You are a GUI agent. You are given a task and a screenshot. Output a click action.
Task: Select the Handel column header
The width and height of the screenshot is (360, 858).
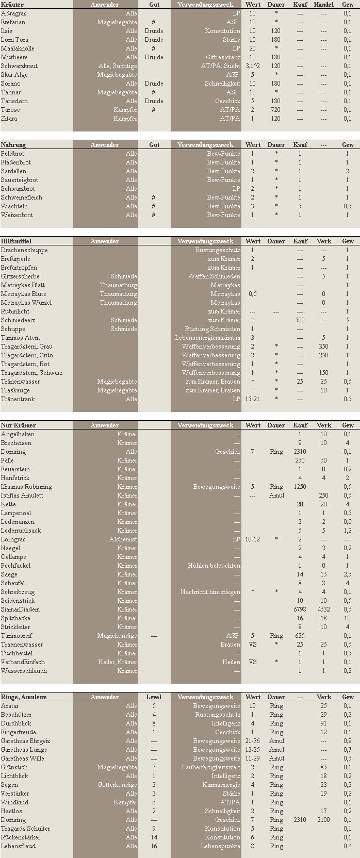pyautogui.click(x=323, y=4)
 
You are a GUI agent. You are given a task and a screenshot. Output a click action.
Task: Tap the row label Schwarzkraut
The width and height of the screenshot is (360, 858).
pyautogui.click(x=19, y=66)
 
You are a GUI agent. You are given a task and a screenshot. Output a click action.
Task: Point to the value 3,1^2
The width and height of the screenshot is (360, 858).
pyautogui.click(x=253, y=66)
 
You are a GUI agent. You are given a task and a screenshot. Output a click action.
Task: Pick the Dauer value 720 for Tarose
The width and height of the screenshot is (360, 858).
pyautogui.click(x=276, y=110)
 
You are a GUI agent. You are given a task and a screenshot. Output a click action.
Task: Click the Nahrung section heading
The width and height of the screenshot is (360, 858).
pyautogui.click(x=13, y=145)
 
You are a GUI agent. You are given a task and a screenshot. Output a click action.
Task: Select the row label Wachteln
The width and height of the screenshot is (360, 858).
pyautogui.click(x=14, y=206)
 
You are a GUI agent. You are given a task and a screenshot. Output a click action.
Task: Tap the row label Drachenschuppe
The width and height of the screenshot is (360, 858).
pyautogui.click(x=24, y=250)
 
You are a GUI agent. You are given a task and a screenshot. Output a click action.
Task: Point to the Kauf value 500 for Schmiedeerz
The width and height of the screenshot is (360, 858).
pyautogui.click(x=300, y=320)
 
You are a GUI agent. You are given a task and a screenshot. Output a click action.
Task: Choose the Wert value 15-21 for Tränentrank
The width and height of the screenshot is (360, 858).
pyautogui.click(x=253, y=399)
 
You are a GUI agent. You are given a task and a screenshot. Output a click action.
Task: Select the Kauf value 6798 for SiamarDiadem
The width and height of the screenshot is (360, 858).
pyautogui.click(x=300, y=609)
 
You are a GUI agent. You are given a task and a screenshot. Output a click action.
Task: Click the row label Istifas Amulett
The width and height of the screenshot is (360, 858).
pyautogui.click(x=22, y=496)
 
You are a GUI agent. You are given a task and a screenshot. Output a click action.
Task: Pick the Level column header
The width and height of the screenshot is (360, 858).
pyautogui.click(x=154, y=697)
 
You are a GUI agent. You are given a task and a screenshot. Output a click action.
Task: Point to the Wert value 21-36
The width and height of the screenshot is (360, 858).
pyautogui.click(x=253, y=741)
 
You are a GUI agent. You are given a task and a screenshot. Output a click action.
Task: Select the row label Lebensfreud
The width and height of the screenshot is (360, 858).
pyautogui.click(x=18, y=846)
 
